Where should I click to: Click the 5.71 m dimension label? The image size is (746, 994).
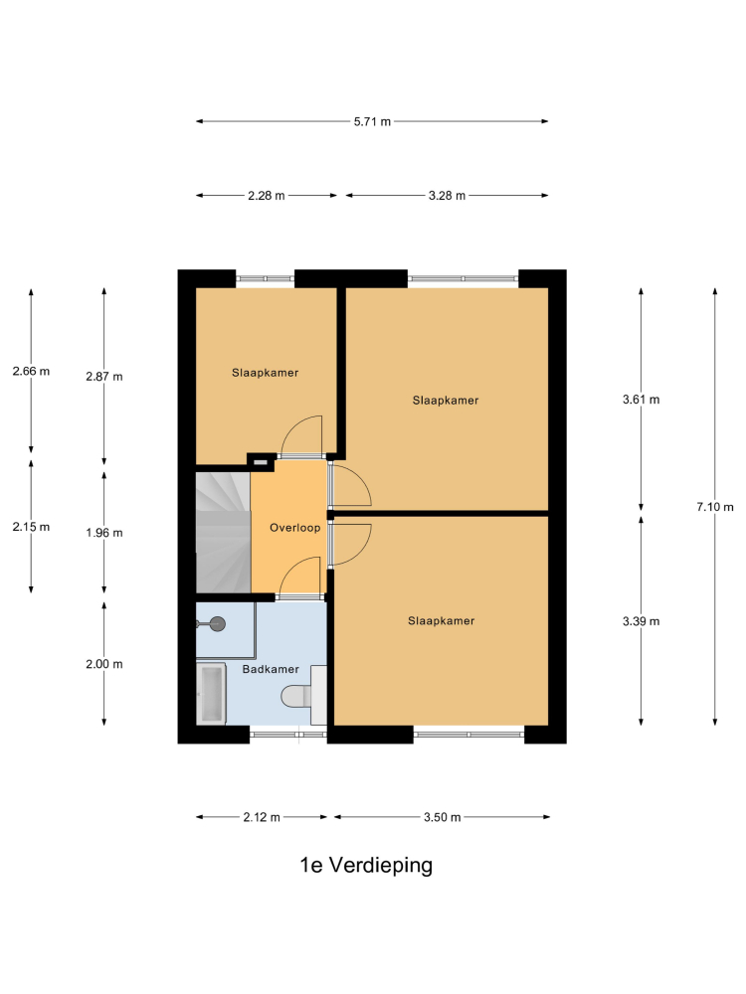coord(372,121)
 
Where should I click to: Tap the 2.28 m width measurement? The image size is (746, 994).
coord(267,195)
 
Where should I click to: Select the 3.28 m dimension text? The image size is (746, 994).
coord(447,195)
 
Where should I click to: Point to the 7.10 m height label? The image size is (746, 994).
coord(715,507)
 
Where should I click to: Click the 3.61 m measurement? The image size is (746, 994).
coord(641,400)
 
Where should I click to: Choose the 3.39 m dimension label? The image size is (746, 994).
coord(641,621)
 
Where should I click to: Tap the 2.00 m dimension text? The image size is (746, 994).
coord(104,664)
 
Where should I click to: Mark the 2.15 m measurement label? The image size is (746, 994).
coord(31,526)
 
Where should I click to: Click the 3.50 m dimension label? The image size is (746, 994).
coord(443,817)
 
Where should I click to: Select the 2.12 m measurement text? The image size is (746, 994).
coord(262,817)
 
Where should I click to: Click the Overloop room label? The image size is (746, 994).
coord(295,528)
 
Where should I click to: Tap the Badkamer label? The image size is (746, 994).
coord(271,669)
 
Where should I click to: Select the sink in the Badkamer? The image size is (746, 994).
coord(211,694)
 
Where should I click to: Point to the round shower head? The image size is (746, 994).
coord(218,624)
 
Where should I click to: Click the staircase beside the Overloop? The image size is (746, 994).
coord(223,533)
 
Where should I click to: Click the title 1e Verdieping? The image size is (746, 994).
coord(366,865)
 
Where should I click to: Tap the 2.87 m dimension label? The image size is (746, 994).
coord(104,377)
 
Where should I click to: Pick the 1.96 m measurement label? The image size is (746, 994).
coord(104,533)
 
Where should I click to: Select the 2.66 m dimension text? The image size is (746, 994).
coord(31,371)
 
